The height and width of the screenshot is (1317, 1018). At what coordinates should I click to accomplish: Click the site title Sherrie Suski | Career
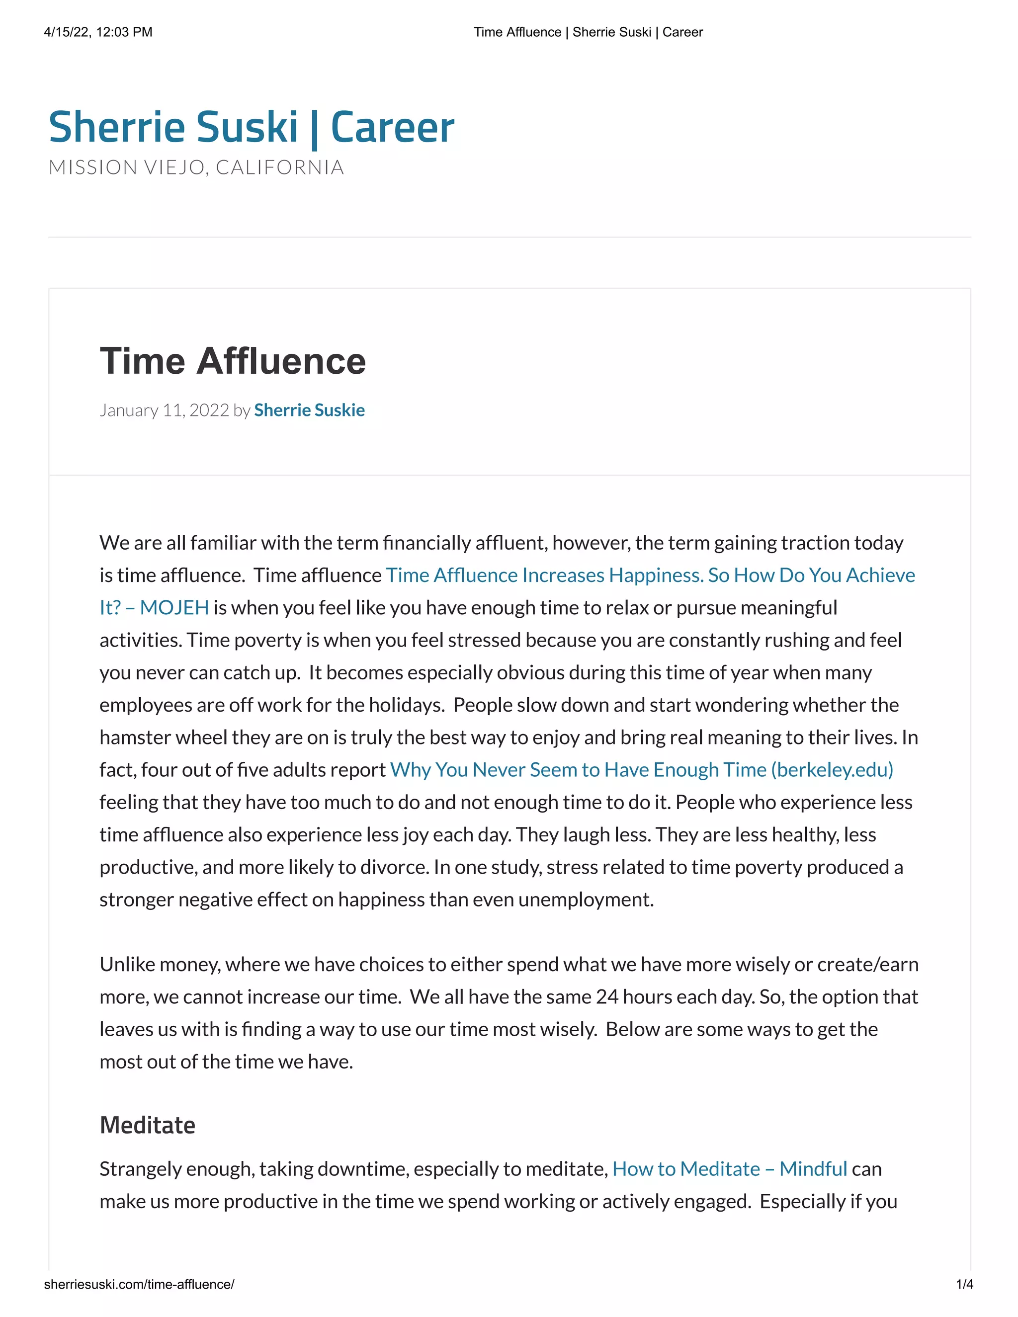click(x=251, y=127)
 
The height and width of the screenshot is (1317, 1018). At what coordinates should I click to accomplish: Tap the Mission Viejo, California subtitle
click(x=196, y=167)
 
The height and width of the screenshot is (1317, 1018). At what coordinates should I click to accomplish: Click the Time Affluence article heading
click(x=232, y=361)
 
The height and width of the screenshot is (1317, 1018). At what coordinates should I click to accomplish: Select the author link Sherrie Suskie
click(x=309, y=410)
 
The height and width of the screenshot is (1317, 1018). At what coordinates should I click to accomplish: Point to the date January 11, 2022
click(x=164, y=410)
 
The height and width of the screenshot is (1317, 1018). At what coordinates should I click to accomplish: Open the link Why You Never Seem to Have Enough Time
click(x=641, y=770)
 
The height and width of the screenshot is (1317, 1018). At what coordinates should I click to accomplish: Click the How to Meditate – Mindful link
click(x=729, y=1169)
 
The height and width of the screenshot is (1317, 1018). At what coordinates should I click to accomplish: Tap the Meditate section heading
click(x=147, y=1125)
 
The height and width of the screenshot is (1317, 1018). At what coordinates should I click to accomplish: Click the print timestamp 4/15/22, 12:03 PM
click(x=98, y=32)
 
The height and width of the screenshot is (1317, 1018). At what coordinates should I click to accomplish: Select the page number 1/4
click(x=964, y=1284)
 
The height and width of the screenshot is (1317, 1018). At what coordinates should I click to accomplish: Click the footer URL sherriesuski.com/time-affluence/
click(x=139, y=1284)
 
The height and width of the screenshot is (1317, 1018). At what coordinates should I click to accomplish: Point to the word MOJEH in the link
click(x=174, y=607)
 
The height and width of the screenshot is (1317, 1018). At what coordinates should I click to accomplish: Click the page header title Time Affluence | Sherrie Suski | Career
click(x=588, y=32)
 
